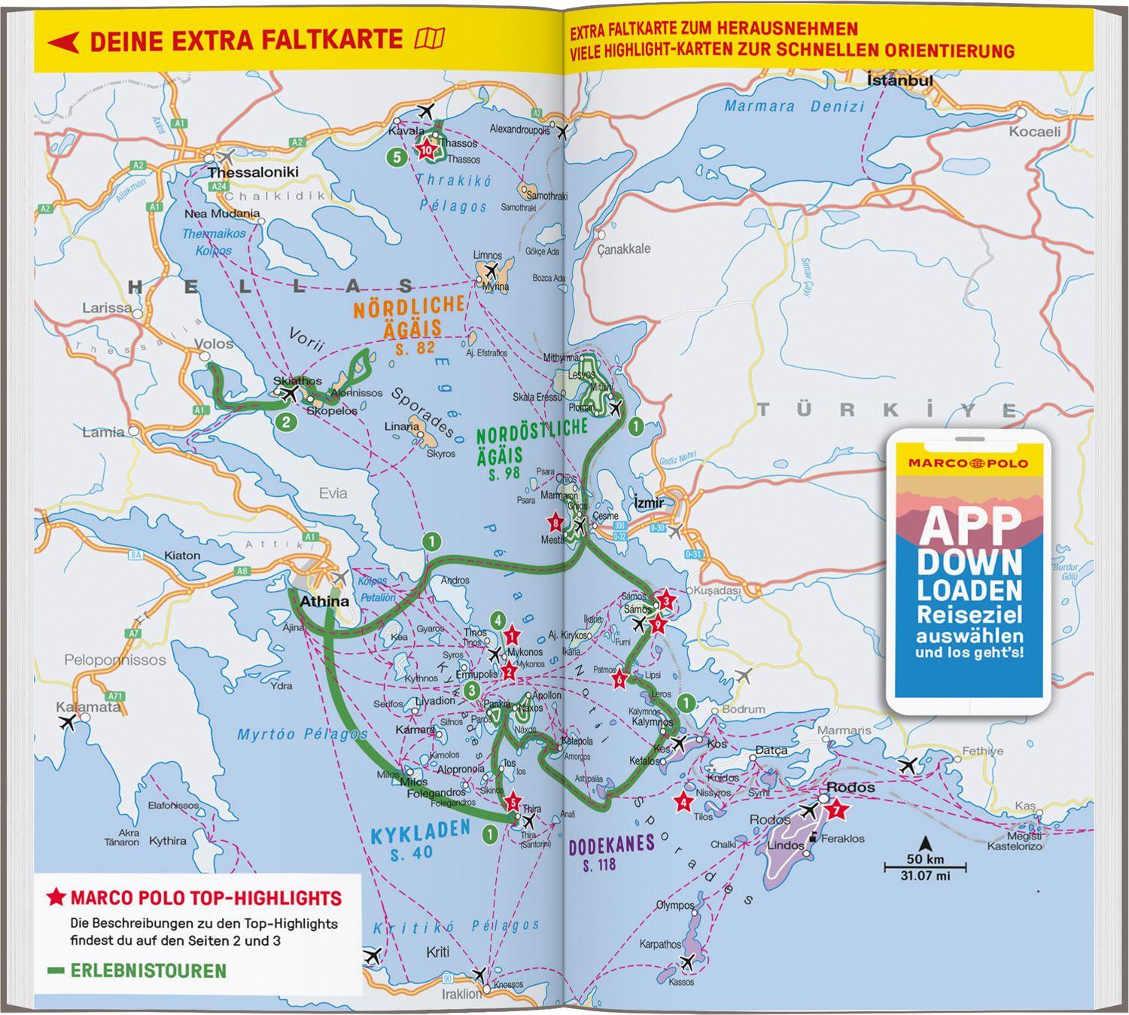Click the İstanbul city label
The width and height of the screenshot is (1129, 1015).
point(899,80)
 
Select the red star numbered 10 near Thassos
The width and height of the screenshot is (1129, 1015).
point(426,149)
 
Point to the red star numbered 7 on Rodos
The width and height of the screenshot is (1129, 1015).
point(836,810)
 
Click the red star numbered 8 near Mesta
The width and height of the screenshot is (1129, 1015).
point(555,523)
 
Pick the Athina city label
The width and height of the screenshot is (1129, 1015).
point(324,601)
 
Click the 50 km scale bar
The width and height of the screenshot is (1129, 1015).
point(925,867)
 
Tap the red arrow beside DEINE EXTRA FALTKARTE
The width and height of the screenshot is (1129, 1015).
point(63,41)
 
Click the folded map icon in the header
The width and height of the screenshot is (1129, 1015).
point(430,38)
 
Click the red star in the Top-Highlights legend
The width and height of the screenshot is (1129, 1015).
point(56,898)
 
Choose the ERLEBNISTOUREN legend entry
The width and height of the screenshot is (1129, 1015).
point(148,971)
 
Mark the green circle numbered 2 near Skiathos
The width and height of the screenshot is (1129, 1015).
point(285,422)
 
